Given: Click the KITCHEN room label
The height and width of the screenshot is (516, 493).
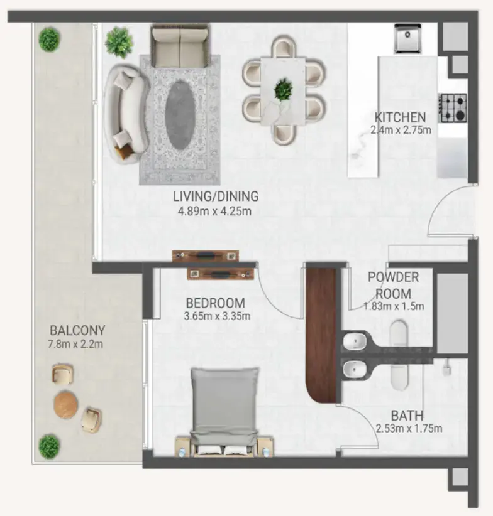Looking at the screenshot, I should pos(400,117).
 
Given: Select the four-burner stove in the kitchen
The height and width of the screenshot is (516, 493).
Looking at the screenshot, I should pos(452,107).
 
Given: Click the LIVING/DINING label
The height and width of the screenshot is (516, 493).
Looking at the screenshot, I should pos(216,196).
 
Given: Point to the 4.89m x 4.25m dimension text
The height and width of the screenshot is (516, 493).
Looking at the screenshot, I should pos(216,211).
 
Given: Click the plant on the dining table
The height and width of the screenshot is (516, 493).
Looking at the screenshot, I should pos(283,89).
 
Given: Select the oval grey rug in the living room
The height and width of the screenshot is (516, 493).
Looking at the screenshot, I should pos(180,114).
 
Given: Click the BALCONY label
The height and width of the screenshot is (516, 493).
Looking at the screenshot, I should pos(77,330).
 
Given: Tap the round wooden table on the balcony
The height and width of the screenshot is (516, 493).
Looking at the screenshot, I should pos(66,404).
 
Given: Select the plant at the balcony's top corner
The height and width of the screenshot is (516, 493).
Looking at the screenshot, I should pos(49,40).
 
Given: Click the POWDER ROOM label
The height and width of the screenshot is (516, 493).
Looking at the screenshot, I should pos(393,285).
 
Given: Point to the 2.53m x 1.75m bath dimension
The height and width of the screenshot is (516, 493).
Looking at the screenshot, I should pos(409,429).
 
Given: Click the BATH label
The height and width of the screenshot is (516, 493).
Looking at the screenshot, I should pos(407,416).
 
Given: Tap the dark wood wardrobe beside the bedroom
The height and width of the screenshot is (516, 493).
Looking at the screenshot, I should pos(321,333).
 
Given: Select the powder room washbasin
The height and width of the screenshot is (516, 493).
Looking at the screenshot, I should pos(356,342).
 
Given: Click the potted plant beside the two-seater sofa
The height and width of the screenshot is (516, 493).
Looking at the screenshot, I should pos(119,41).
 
